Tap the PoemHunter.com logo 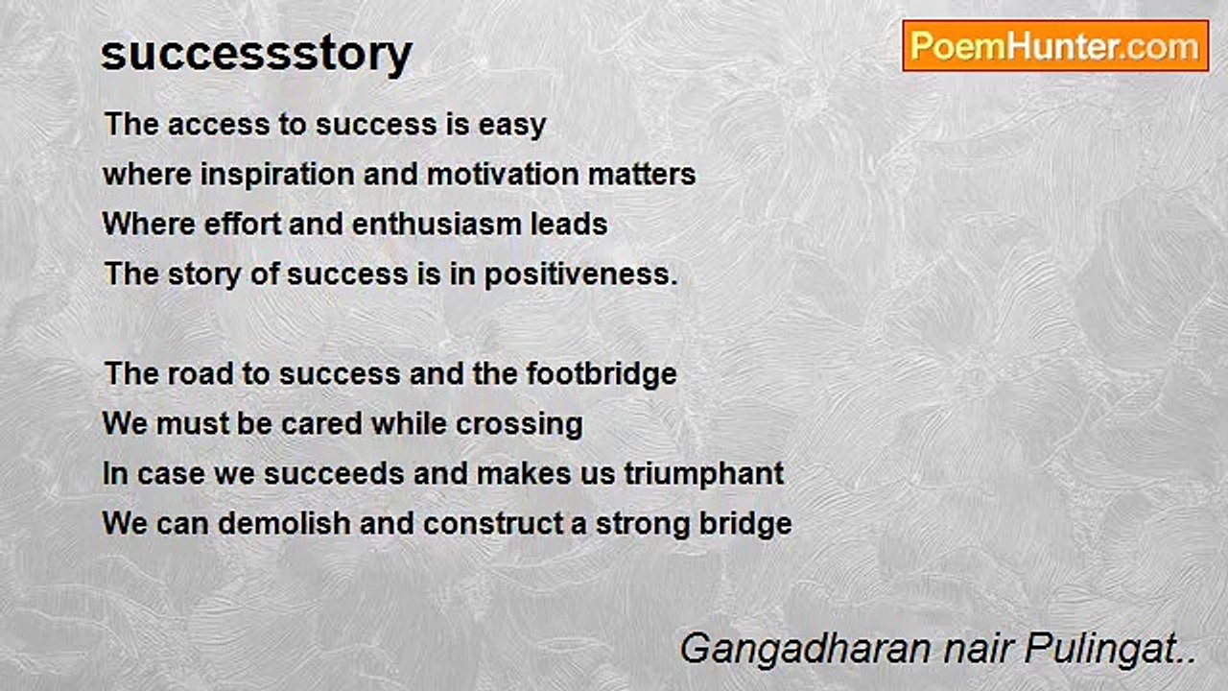pyautogui.click(x=1055, y=46)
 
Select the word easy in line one pyautogui.click(x=512, y=125)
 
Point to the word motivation pyautogui.click(x=503, y=175)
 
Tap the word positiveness pyautogui.click(x=580, y=274)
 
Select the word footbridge pyautogui.click(x=602, y=374)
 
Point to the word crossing pyautogui.click(x=519, y=425)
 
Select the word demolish pyautogui.click(x=285, y=523)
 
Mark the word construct pyautogui.click(x=492, y=524)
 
